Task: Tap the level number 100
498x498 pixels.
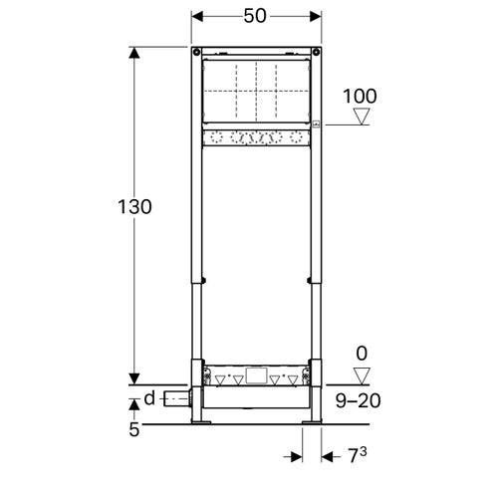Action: (x=360, y=96)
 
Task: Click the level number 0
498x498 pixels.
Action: (x=362, y=353)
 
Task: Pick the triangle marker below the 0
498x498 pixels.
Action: (x=361, y=373)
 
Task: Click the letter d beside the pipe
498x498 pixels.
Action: (x=148, y=400)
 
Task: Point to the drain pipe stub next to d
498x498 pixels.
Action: (x=177, y=401)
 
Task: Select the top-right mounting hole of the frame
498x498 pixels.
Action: (x=316, y=53)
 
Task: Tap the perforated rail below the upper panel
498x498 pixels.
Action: (x=257, y=137)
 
